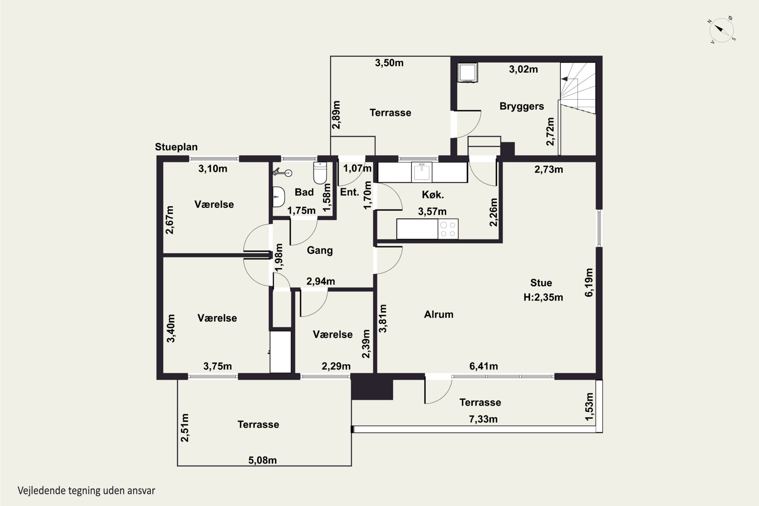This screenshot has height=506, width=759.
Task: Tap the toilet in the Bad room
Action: pos(320,173)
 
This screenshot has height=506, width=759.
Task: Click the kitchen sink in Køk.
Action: pos(421,172)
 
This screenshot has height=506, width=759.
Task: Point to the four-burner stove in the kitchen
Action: pos(448,229)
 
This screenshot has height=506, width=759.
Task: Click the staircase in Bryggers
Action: pos(578,88)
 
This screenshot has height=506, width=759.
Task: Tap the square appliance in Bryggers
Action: pos(468,73)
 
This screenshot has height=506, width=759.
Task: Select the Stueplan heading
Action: pos(176,147)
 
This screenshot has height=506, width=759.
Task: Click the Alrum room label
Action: pos(438,314)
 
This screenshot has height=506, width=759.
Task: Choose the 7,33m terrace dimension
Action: pos(483,419)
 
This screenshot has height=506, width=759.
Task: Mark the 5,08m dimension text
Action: pos(262,460)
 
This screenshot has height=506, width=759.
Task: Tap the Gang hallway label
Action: pos(320,250)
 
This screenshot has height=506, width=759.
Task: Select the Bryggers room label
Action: pos(521,107)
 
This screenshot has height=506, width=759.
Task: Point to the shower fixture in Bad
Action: pos(282,173)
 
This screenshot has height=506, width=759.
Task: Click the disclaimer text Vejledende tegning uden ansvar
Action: pos(86,491)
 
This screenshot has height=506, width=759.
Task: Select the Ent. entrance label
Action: pos(349,192)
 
